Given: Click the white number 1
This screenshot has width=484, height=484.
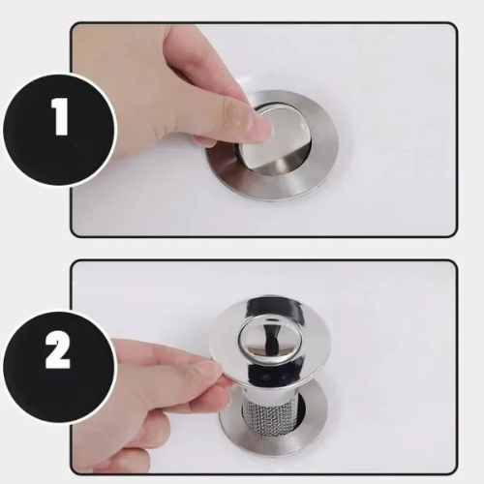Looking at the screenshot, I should coord(60,121).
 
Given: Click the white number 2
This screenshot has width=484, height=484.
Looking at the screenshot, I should coord(58,351).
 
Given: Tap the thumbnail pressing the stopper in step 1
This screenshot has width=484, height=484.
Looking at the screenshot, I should coord(259,124).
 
